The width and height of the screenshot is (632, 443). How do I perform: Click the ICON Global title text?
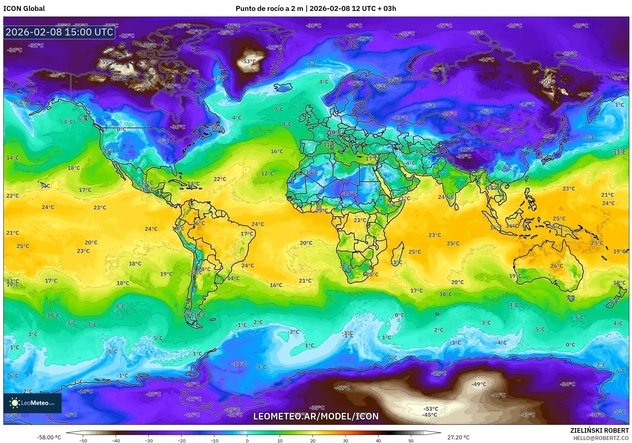[x=24, y=9]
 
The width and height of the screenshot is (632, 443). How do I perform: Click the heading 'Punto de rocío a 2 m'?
[x=269, y=9]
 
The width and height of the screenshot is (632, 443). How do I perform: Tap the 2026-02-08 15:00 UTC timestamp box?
[x=59, y=32]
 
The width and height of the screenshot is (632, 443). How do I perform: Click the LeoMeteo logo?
[x=32, y=403]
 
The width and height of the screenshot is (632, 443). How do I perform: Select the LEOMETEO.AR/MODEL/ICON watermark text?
[x=316, y=416]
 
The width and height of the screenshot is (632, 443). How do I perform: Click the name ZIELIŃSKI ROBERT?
[x=599, y=430]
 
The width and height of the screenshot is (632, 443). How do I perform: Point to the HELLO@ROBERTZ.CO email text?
[x=601, y=438]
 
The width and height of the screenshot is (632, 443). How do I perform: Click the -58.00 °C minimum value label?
[x=49, y=437]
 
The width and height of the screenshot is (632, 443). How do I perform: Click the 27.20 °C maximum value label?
[x=458, y=437]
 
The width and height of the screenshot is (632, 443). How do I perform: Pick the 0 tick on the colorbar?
[x=247, y=441]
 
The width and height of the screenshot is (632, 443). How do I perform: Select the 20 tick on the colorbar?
[x=313, y=441]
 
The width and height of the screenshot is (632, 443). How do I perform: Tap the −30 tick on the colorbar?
[x=148, y=441]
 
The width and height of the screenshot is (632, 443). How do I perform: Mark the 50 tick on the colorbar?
[x=411, y=441]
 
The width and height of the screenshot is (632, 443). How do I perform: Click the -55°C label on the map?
[x=108, y=62]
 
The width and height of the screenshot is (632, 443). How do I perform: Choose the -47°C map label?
[x=191, y=72]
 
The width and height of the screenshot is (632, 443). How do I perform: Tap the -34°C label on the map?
[x=567, y=384]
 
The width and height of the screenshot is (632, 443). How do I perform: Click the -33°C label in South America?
[x=195, y=272]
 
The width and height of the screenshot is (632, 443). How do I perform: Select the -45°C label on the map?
[x=430, y=415]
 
